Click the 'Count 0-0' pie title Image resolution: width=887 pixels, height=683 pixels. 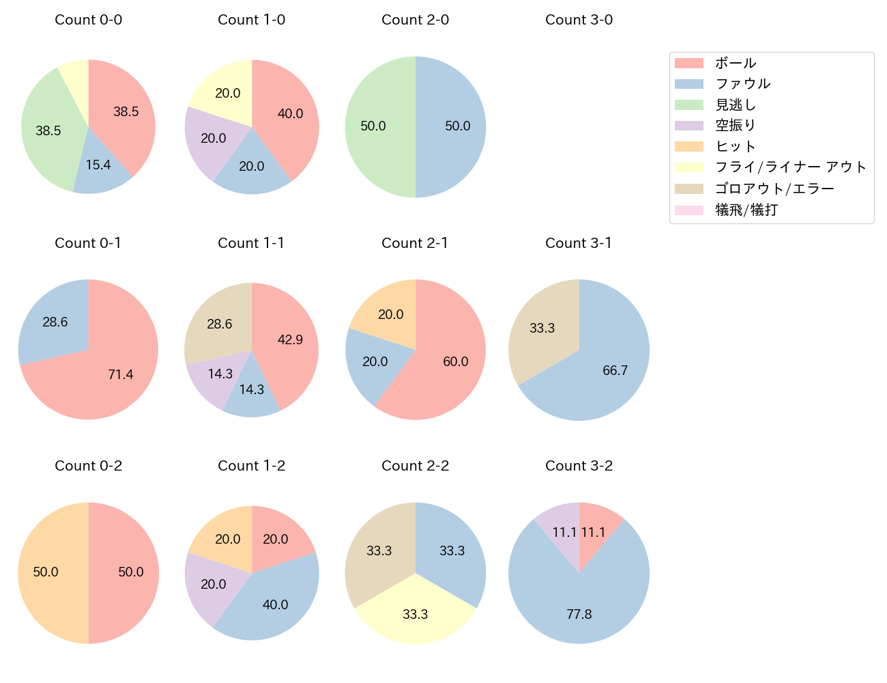(89, 20)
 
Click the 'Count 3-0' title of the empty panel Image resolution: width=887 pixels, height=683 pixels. (579, 20)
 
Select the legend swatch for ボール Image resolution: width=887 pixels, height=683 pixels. (688, 63)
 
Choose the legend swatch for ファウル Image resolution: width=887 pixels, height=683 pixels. (688, 84)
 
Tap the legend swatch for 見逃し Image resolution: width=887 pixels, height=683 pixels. (688, 104)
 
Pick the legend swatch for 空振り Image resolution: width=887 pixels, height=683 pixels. (688, 126)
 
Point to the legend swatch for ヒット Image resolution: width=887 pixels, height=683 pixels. (688, 146)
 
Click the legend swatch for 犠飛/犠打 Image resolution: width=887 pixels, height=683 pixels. (688, 210)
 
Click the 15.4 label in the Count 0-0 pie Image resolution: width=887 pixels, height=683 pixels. (98, 165)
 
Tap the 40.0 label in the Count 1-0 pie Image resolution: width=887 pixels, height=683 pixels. (290, 114)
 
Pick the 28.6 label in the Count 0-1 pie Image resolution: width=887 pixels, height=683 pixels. (55, 322)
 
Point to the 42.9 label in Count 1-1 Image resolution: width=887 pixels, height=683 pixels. (290, 339)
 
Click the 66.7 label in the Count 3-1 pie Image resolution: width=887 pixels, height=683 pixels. (615, 370)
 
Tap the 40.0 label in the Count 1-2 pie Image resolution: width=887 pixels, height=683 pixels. (275, 604)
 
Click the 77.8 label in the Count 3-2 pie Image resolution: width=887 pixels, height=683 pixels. (579, 614)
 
